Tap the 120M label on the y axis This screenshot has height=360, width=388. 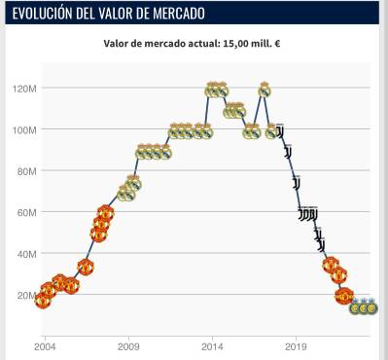click(23, 88)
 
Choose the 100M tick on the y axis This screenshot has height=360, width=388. click(23, 129)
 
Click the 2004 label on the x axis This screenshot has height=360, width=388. click(45, 345)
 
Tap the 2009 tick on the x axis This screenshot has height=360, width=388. click(128, 345)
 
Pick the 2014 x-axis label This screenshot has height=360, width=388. click(213, 345)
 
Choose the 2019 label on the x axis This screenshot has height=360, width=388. click(297, 345)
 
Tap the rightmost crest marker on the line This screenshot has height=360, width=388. click(370, 307)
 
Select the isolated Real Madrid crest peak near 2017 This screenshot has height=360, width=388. click(264, 90)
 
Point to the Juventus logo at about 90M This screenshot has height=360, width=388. click(288, 151)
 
